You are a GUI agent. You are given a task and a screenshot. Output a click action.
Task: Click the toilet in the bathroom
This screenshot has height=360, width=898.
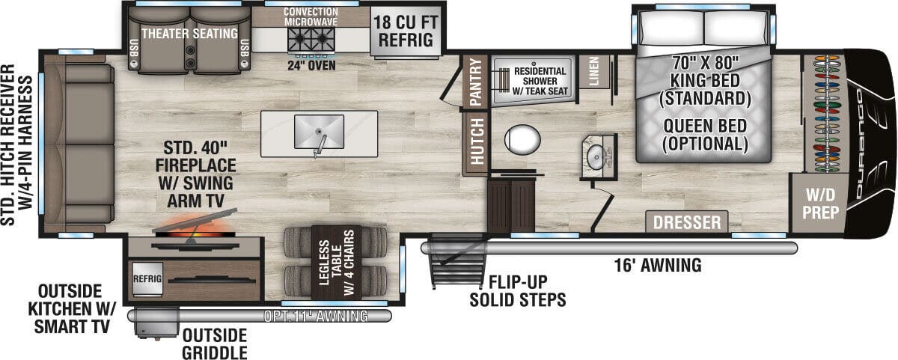click(522, 139)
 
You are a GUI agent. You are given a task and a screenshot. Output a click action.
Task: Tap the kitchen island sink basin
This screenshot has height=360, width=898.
click(319, 132)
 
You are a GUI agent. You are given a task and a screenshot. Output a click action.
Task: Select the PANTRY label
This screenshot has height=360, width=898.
click(475, 82)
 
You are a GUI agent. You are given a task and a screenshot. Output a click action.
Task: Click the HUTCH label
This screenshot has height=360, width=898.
click(477, 142)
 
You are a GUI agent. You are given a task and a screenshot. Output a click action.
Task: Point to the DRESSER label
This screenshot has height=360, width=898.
click(687, 222)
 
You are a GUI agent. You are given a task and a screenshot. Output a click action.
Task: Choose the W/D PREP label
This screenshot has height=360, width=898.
click(821, 204)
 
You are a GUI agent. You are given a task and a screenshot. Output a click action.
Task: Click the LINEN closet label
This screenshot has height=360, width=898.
click(593, 71)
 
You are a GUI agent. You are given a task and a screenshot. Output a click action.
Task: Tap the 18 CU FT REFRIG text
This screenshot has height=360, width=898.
click(406, 31)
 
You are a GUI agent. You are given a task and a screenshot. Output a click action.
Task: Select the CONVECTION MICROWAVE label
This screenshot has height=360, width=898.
click(311, 16)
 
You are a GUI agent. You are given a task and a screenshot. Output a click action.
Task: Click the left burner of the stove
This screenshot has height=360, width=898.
click(299, 39)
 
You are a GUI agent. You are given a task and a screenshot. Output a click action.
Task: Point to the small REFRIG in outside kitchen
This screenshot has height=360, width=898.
click(147, 279)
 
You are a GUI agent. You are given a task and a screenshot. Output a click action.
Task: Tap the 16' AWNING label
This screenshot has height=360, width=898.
click(658, 266)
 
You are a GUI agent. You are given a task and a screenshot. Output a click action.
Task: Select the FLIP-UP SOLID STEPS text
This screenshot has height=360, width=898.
click(518, 291)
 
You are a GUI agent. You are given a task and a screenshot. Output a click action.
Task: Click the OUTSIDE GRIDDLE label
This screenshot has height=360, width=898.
click(215, 344)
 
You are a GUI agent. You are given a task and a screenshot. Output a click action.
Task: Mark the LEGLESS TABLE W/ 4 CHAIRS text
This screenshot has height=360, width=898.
click(337, 263)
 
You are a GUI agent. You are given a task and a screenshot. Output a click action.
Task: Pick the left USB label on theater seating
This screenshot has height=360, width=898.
click(134, 48)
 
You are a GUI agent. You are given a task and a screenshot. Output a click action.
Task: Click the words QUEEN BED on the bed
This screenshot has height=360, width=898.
click(705, 126)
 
